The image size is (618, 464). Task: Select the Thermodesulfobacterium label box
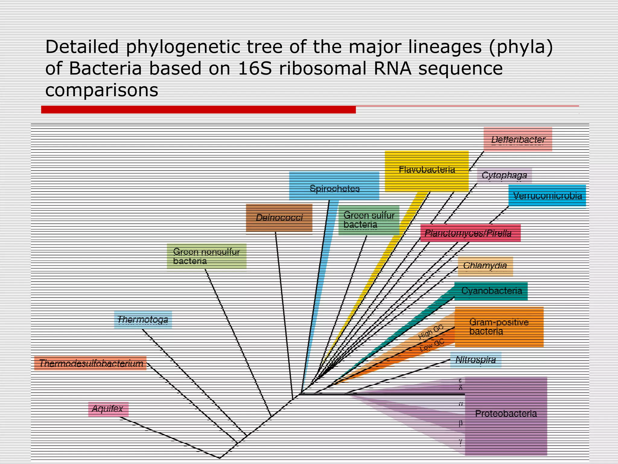click(x=91, y=363)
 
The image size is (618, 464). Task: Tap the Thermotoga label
click(x=143, y=320)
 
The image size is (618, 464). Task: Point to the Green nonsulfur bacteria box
click(x=207, y=256)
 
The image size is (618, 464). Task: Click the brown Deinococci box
click(x=279, y=218)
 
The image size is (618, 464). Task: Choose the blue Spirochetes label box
click(x=334, y=186)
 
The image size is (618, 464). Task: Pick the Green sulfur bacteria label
click(x=369, y=220)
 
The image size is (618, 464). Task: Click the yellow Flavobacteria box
click(x=427, y=171)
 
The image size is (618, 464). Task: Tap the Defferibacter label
click(x=518, y=139)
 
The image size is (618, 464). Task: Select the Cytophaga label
click(x=504, y=175)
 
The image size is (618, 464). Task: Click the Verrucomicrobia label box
click(x=547, y=196)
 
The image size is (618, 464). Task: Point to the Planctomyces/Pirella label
click(x=470, y=233)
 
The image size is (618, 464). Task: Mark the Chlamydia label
click(x=485, y=266)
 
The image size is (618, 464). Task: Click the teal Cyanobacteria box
click(x=491, y=291)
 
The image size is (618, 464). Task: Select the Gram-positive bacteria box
click(x=499, y=327)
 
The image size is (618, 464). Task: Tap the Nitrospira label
click(x=476, y=360)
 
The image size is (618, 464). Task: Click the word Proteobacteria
click(x=506, y=414)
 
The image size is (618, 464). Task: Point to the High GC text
click(x=431, y=332)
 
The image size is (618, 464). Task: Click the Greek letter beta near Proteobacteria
click(x=460, y=423)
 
